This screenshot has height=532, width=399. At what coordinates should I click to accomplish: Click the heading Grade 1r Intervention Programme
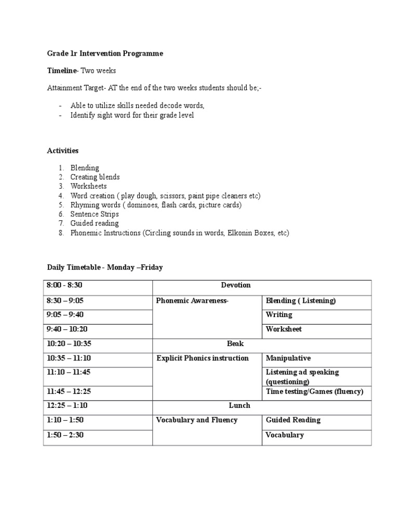[105, 53]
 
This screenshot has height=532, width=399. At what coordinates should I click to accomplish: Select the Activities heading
[63, 151]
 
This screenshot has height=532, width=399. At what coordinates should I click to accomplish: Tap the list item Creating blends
[95, 177]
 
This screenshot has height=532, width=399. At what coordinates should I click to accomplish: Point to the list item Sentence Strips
[95, 214]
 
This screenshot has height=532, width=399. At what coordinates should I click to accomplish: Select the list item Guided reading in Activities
[95, 223]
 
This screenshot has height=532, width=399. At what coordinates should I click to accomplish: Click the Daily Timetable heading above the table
[105, 267]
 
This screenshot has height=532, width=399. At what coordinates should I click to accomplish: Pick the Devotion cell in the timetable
[235, 285]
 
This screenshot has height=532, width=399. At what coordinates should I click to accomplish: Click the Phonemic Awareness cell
[192, 300]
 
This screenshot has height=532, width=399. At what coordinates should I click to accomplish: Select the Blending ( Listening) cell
[301, 300]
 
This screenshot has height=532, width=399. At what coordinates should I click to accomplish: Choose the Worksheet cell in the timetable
[284, 329]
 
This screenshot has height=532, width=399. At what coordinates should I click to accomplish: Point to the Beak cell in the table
[235, 343]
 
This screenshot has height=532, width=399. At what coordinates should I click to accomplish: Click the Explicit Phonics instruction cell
[203, 358]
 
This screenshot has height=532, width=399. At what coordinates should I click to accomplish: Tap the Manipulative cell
[288, 358]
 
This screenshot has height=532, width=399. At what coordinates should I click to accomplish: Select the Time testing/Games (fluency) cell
[314, 391]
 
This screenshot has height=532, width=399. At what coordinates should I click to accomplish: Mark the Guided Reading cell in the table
[293, 420]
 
